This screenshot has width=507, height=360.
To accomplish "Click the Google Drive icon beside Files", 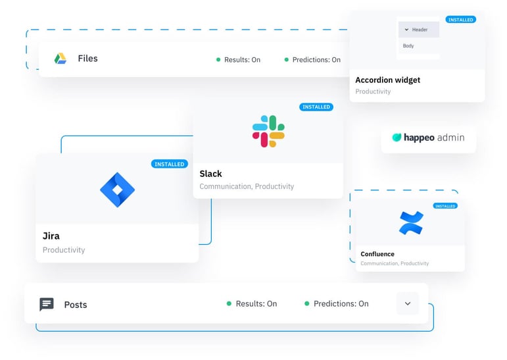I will pos(60,59).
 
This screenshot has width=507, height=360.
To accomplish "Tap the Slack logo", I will pos(268,131).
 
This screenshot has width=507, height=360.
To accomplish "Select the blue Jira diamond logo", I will pos(117,190).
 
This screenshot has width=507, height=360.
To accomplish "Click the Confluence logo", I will pos(411,223).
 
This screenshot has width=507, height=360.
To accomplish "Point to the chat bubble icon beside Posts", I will pos(47,304).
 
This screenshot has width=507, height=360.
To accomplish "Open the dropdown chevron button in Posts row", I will pos(408,303).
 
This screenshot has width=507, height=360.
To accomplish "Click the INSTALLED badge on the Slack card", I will pos(316,107).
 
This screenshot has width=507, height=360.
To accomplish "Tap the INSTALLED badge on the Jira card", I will pos(169,164).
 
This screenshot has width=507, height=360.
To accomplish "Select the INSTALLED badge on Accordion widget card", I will pos(460,20).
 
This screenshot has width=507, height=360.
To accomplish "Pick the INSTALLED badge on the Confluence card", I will pos(445,206).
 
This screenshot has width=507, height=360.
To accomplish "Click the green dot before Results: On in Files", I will pos(218,60).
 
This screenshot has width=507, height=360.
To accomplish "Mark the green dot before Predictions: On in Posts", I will pos(307,304).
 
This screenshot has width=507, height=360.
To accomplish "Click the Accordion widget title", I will pos(387,80).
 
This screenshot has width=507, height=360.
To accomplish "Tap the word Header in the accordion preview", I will pos(420,30).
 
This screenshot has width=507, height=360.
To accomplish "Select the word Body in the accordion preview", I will pos(408,46).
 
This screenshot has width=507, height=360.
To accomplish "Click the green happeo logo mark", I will pos(397,138).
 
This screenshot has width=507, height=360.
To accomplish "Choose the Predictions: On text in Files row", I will pos(316,60).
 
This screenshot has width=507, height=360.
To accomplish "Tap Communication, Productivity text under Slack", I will pos(247,186).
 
